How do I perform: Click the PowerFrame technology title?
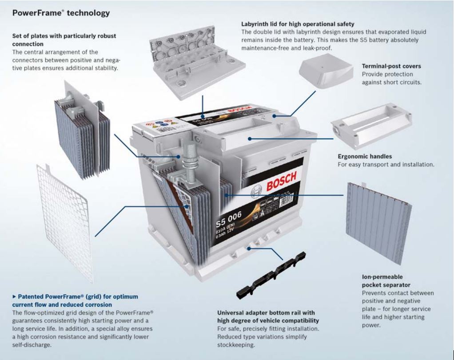tap(60, 13)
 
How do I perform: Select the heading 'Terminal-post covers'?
tap(391, 66)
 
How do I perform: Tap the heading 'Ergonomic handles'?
tap(365, 156)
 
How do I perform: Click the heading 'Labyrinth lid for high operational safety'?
tap(298, 24)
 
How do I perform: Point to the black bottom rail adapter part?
tap(271, 275)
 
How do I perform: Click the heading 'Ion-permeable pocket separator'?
tap(386, 281)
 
